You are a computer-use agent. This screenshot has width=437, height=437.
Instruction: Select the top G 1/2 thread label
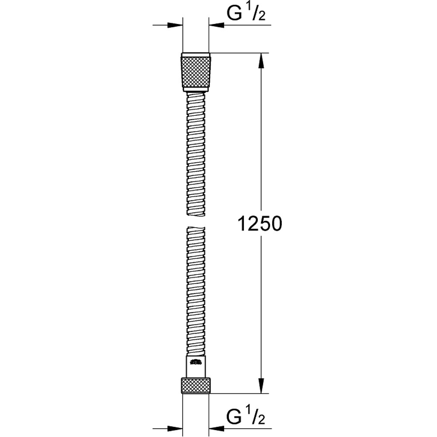pyautogui.click(x=245, y=15)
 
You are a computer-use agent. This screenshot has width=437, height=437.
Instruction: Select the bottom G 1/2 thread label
pyautogui.click(x=245, y=417)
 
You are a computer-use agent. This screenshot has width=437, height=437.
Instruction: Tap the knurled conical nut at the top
pyautogui.click(x=196, y=72)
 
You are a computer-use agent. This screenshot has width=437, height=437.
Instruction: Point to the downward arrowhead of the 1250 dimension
pyautogui.click(x=261, y=387)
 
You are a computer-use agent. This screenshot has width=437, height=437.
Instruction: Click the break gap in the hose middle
pyautogui.click(x=196, y=221)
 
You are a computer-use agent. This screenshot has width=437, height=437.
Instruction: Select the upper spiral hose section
pyautogui.click(x=196, y=153)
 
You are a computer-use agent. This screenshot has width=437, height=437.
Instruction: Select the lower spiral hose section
pyautogui.click(x=196, y=288)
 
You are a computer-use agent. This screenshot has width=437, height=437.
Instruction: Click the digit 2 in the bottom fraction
pyautogui.click(x=263, y=421)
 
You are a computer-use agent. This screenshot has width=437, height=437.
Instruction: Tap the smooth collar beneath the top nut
pyautogui.click(x=196, y=91)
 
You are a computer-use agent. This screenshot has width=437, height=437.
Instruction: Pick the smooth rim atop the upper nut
pyautogui.click(x=196, y=55)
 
